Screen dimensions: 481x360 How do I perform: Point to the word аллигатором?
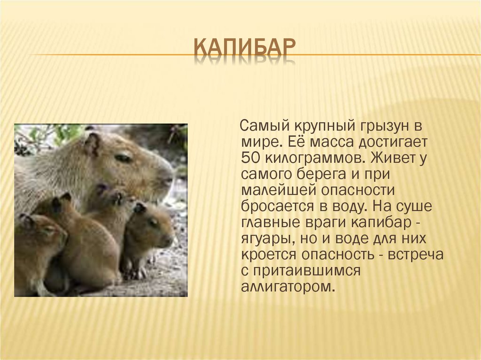click(287, 287)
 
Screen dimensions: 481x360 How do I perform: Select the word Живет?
click(389, 158)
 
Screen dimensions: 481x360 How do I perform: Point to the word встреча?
click(416, 255)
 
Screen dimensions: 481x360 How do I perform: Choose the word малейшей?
click(279, 190)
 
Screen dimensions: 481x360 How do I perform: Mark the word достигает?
click(394, 142)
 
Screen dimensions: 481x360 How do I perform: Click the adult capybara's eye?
click(124, 158)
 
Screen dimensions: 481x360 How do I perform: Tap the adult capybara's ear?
click(92, 143)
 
